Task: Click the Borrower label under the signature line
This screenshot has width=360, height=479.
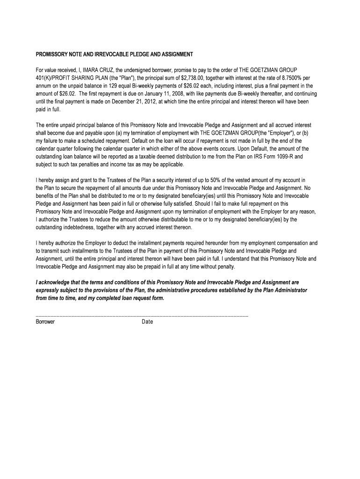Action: click(x=45, y=322)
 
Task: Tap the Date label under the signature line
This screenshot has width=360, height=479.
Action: click(x=147, y=322)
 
